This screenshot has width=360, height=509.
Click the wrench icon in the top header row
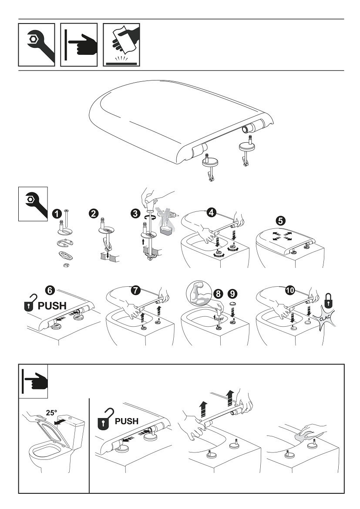37,44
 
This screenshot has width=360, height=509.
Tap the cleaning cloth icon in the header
121,44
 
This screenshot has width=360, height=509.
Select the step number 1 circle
56,214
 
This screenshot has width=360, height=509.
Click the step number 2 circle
93,213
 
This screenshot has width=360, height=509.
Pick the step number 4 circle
210,213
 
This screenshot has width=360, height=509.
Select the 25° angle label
52,412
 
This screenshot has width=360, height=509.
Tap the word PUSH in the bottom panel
126,421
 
